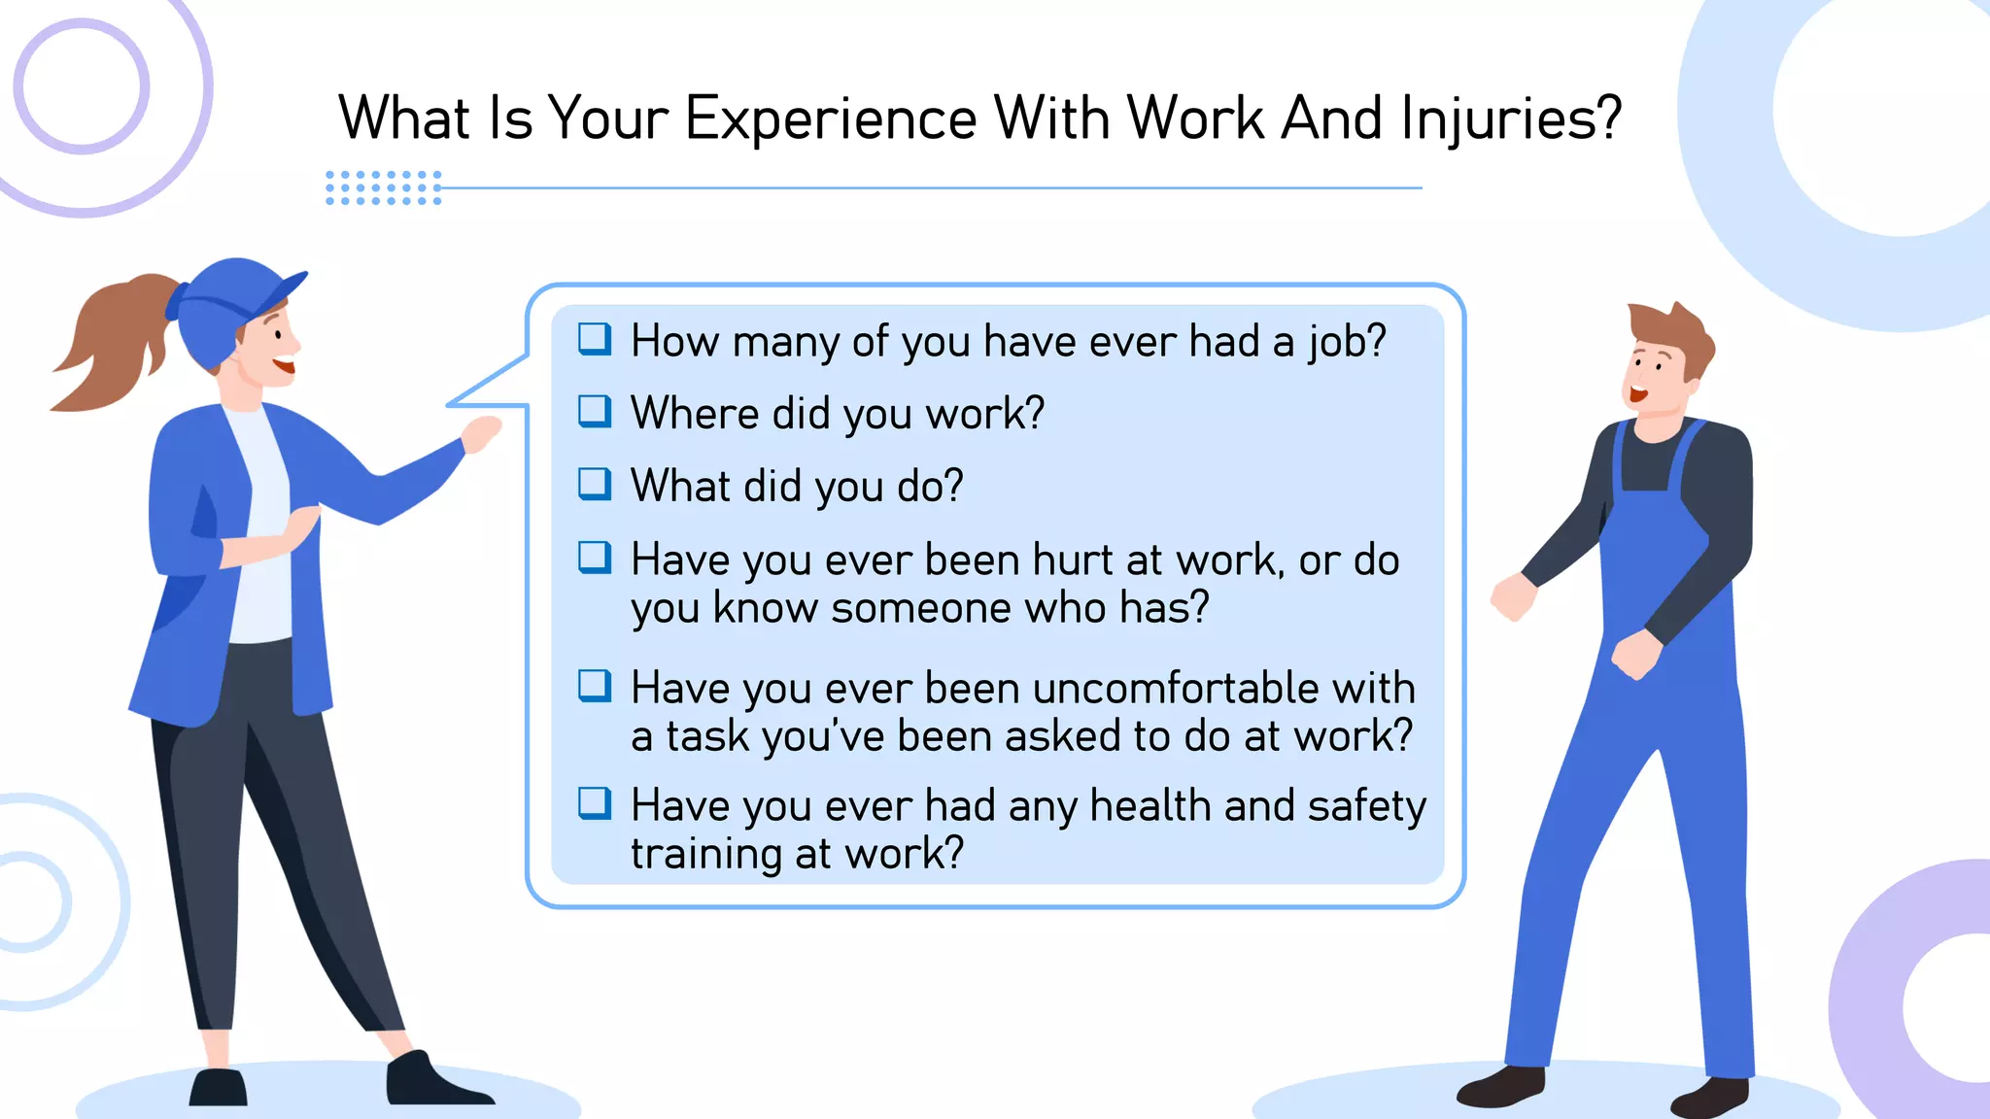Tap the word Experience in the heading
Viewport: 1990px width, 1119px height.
[831, 119]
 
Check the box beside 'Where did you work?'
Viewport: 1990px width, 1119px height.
[595, 411]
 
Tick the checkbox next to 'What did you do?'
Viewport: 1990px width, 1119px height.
[595, 483]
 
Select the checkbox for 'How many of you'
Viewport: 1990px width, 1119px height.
[595, 339]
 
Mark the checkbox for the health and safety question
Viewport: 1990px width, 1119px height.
[595, 803]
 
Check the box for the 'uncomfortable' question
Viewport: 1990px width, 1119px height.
[595, 686]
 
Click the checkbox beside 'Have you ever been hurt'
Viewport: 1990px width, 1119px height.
[595, 558]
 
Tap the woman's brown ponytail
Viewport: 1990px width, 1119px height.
[112, 340]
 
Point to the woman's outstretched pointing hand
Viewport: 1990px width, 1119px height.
[482, 433]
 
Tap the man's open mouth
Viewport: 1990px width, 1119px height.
[1638, 394]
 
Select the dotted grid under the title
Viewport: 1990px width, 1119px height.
[384, 187]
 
